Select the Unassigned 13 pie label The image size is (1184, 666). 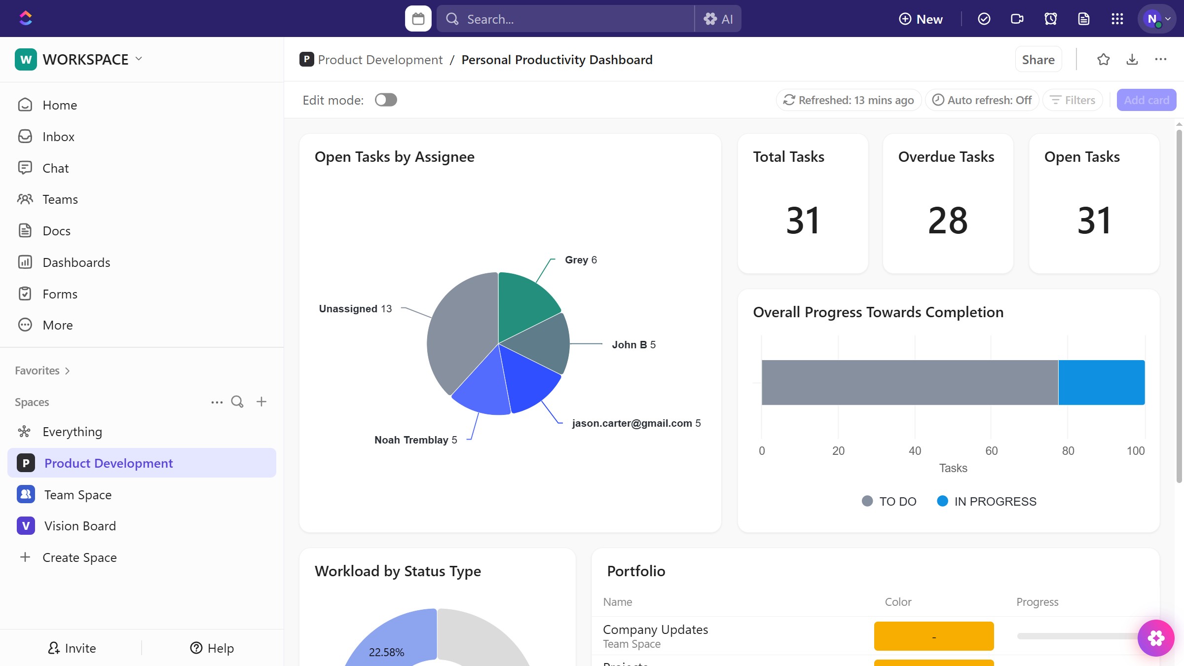pos(355,309)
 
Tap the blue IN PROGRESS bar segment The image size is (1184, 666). pos(1101,382)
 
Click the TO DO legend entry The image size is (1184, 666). pos(889,501)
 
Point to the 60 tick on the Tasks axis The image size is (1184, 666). pos(991,450)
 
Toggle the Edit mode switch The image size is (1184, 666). pos(385,100)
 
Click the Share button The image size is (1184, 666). pos(1038,60)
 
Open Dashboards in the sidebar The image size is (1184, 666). pos(76,262)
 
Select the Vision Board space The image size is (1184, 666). pos(80,526)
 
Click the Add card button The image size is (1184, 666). pos(1146,100)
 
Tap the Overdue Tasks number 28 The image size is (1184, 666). pos(947,221)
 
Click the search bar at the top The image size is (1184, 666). pos(565,19)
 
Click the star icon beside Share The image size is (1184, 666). pos(1103,60)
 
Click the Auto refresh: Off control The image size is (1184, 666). pos(982,100)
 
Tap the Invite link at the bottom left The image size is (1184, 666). pos(72,648)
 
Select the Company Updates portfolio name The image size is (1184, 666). pos(655,630)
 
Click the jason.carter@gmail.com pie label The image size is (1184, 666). pos(636,423)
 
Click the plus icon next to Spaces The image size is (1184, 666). pos(261,402)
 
